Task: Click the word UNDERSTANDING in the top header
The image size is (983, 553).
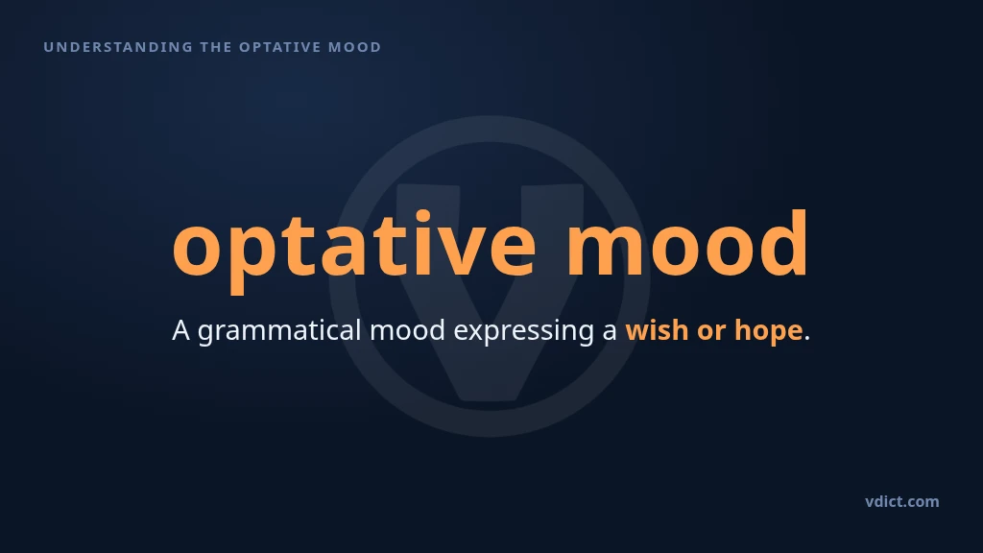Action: click(118, 47)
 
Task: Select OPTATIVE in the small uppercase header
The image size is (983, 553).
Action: click(280, 47)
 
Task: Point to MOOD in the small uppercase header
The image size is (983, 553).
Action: click(355, 47)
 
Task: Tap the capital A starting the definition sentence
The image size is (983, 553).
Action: click(181, 330)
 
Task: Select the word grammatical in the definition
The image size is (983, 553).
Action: click(279, 331)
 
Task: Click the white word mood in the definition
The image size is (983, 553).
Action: click(407, 330)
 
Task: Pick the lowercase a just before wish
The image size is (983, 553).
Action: click(610, 331)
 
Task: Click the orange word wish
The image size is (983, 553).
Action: click(657, 330)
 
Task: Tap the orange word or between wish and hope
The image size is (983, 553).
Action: click(711, 332)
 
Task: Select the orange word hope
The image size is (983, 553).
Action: click(769, 331)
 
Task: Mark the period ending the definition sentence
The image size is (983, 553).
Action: click(806, 339)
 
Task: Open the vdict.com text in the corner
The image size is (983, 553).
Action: click(902, 501)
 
